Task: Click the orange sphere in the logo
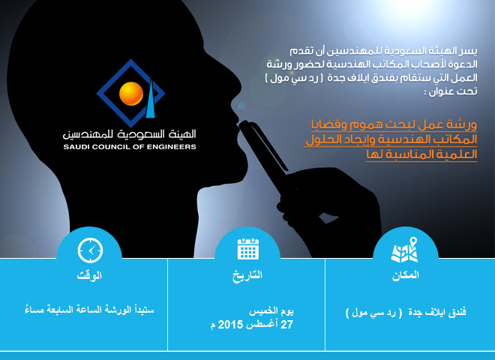(x=131, y=94)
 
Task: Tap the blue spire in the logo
(x=151, y=99)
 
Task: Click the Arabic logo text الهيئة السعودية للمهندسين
(x=130, y=134)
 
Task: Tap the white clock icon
(x=90, y=250)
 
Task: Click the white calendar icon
(x=247, y=249)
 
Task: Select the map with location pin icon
(x=405, y=250)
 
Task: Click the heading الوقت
(x=89, y=275)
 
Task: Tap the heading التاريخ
(x=247, y=275)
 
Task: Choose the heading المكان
(x=406, y=275)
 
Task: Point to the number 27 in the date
(x=287, y=325)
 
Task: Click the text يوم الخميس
(x=271, y=312)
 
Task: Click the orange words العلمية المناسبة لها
(x=421, y=154)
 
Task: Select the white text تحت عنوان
(x=451, y=91)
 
